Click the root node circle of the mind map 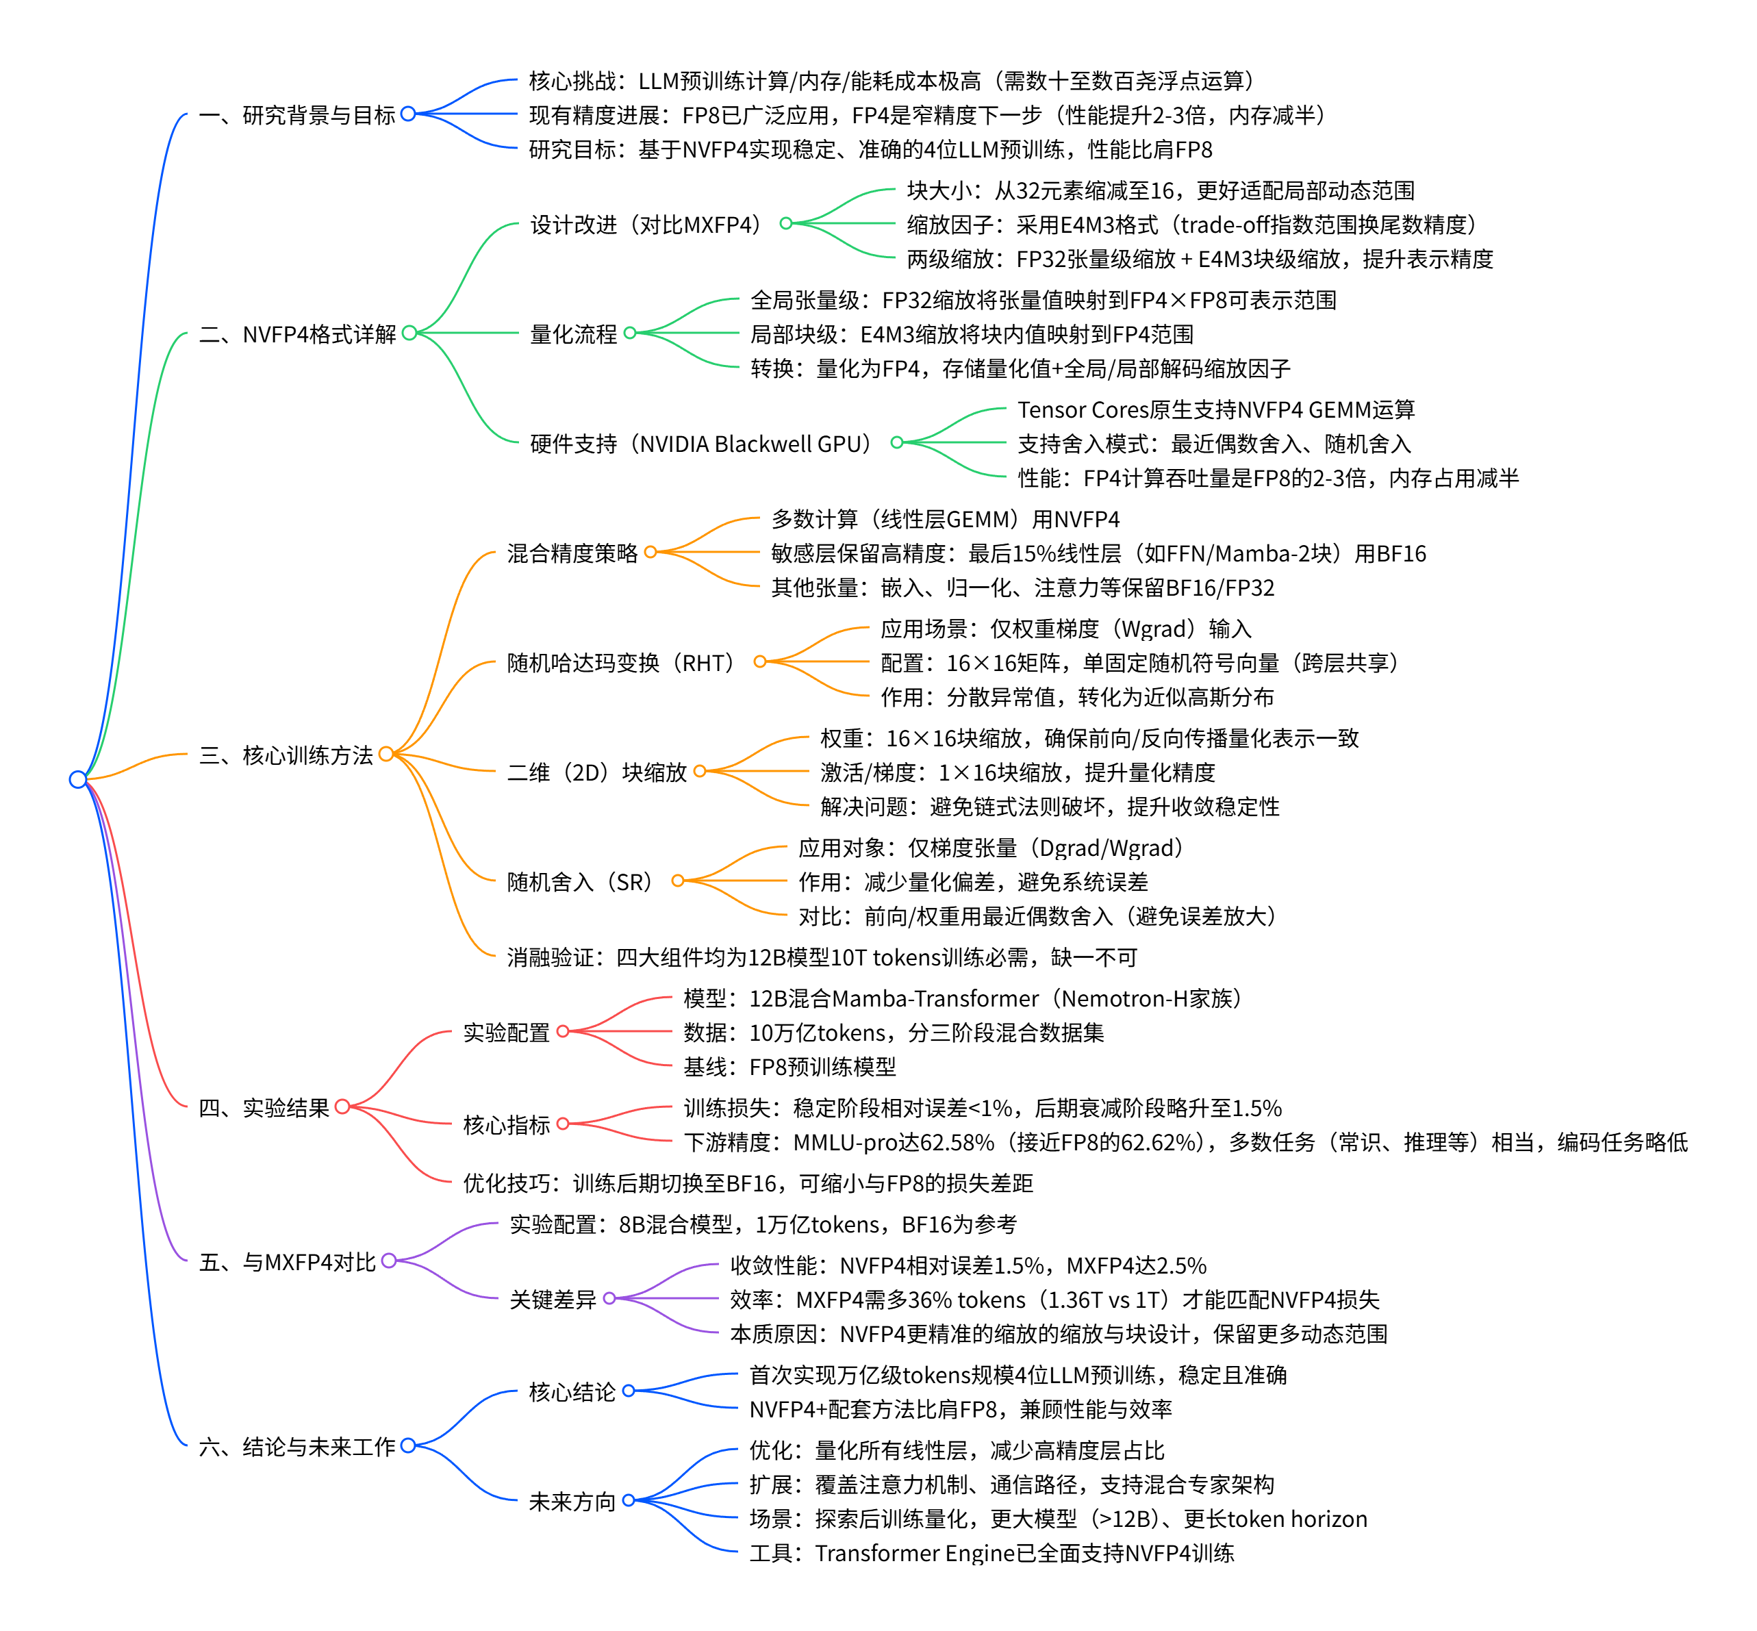(x=77, y=779)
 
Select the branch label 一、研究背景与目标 (x=296, y=115)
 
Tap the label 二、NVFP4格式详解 (x=296, y=333)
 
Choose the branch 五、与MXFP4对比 (x=287, y=1261)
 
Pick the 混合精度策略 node (x=572, y=553)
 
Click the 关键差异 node (x=553, y=1299)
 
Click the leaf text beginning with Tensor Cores (x=1215, y=409)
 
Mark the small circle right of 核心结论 (x=629, y=1391)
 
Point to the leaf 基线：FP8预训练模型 (x=789, y=1066)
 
